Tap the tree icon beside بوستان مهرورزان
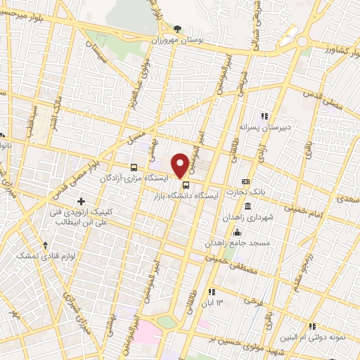176,29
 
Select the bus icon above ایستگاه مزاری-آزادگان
134,167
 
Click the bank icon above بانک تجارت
245,181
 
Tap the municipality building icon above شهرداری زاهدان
248,207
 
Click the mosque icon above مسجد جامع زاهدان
238,232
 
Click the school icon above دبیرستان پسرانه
264,116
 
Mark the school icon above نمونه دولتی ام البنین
312,326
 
